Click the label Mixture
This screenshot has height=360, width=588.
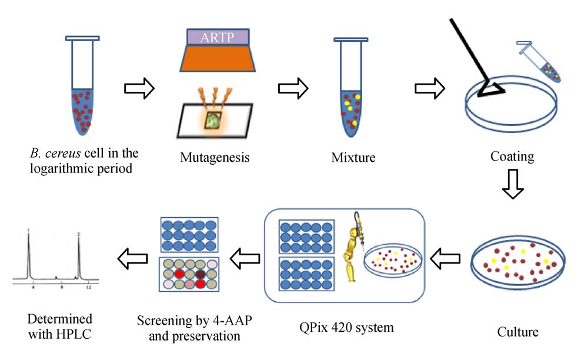pyautogui.click(x=352, y=158)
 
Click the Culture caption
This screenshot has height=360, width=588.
pyautogui.click(x=517, y=332)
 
